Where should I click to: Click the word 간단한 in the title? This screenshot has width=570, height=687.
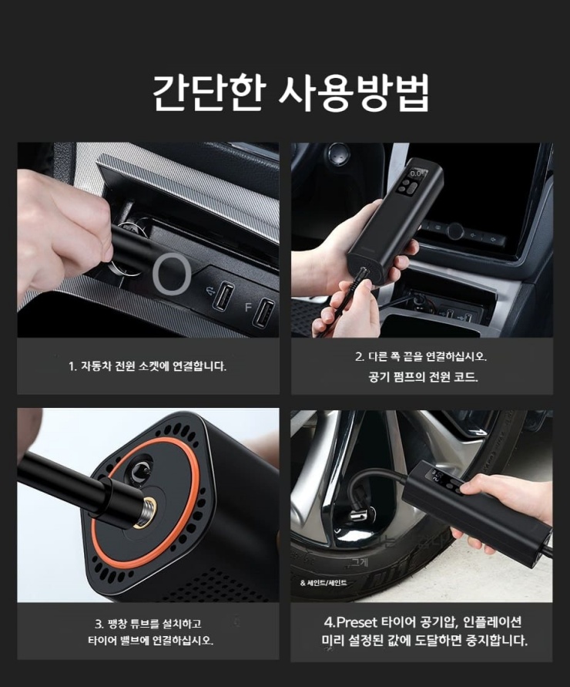click(203, 94)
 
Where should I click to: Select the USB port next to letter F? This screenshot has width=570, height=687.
click(264, 312)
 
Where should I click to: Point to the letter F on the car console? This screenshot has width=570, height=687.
click(248, 307)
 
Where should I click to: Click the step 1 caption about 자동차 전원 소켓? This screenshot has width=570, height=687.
click(147, 366)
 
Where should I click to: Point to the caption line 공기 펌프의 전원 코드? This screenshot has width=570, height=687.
click(422, 377)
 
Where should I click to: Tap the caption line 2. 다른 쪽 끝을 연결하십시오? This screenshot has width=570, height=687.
click(421, 357)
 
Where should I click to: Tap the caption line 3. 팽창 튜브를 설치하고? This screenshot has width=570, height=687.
click(147, 623)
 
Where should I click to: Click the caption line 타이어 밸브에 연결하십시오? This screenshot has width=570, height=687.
click(147, 641)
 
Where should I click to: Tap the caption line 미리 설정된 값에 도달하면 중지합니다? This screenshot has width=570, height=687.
click(424, 641)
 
